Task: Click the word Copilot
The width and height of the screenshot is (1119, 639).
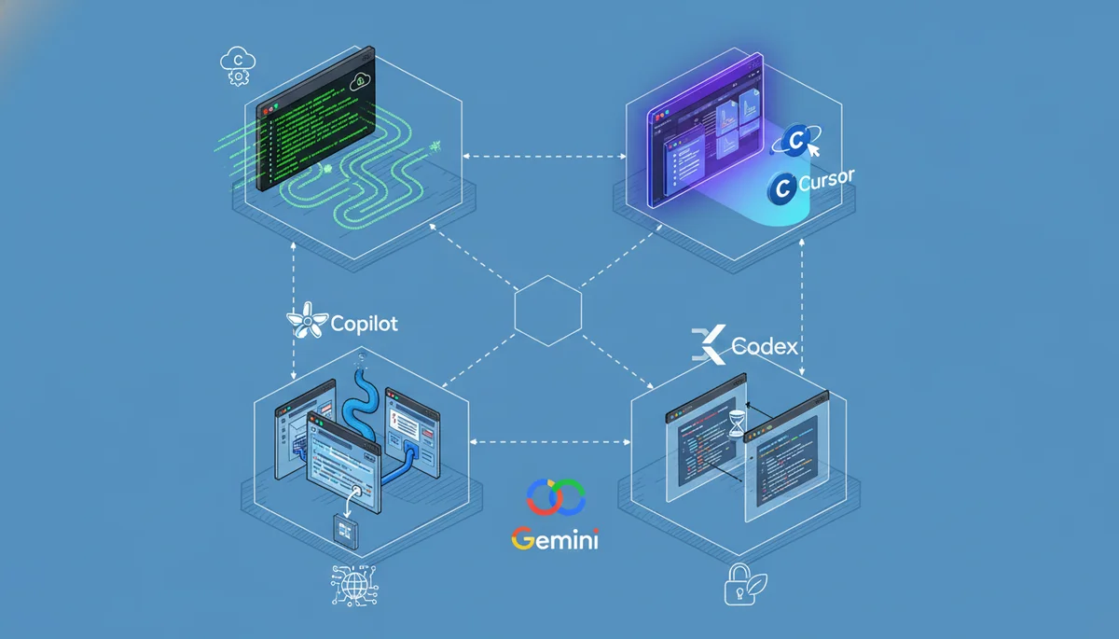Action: point(365,324)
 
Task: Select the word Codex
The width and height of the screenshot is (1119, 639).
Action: point(765,347)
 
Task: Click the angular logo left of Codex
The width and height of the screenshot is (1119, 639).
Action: point(708,345)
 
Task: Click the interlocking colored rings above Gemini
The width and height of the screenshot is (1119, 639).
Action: point(555,495)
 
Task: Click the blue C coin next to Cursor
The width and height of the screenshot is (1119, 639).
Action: point(781,188)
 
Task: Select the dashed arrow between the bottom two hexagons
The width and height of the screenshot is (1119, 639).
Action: point(548,439)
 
